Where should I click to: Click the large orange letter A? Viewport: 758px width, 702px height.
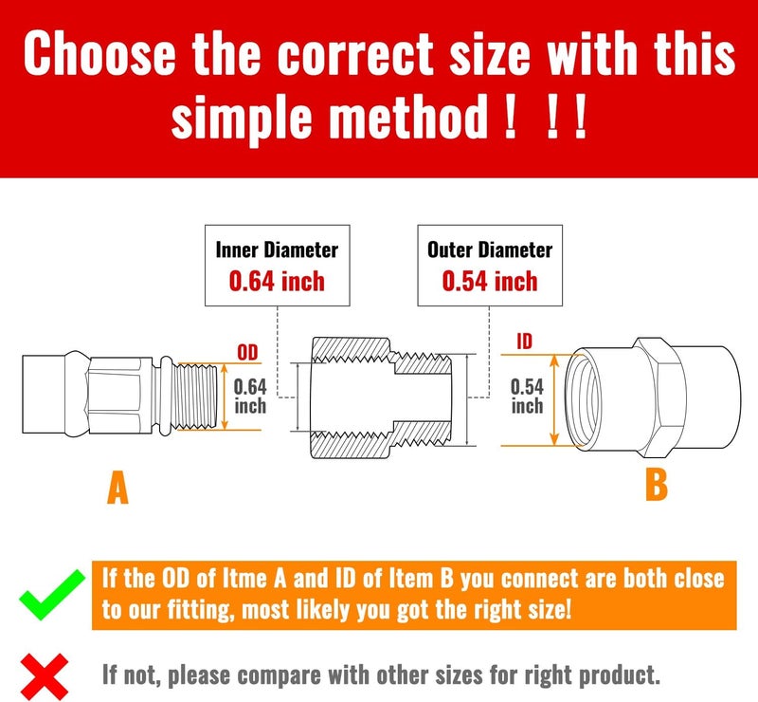coord(117,489)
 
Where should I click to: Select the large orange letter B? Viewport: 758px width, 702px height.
coord(656,485)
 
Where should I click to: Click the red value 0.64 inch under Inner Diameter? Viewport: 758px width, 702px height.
coord(277,281)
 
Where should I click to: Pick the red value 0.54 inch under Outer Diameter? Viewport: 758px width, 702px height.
coord(490,281)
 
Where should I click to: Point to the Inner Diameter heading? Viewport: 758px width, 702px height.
coord(277,250)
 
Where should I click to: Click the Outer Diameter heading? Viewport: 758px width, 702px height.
coord(490,250)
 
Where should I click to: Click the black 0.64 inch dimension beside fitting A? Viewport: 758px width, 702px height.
coord(250,396)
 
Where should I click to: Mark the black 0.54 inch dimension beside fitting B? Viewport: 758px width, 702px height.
coord(527,396)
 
